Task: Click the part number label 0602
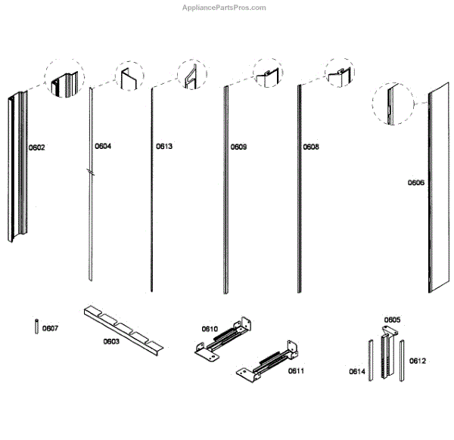coord(37,147)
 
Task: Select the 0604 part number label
coord(103,146)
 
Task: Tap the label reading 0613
coord(164,146)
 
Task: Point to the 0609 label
coord(239,146)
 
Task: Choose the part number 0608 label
coord(311,146)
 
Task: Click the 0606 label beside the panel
coord(416,182)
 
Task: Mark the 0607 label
coord(51,328)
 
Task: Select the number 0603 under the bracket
coord(111,342)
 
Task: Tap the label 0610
coord(210,329)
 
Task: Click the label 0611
coord(297,372)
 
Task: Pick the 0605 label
coord(392,320)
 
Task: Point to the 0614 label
coord(357,372)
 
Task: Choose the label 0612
coord(418,361)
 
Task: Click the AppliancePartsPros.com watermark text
coord(225,8)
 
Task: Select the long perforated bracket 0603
coord(121,327)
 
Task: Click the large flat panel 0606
coord(437,189)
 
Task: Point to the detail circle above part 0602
coord(67,79)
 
